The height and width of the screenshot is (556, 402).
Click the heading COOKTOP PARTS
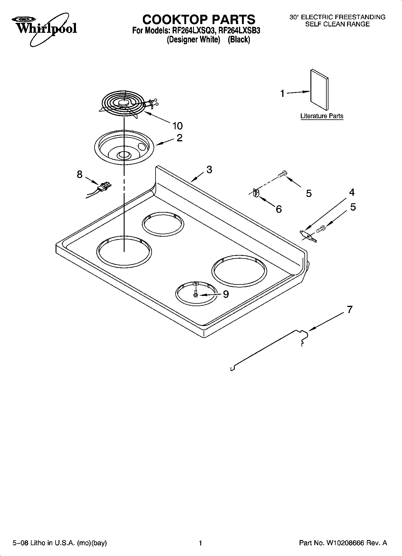[x=199, y=20]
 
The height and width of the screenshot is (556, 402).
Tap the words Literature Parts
[x=322, y=116]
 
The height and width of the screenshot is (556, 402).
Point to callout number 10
[x=177, y=126]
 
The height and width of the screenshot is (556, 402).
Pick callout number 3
[x=209, y=169]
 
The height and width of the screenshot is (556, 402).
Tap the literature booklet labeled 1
[x=319, y=90]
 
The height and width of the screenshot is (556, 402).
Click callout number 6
[x=279, y=209]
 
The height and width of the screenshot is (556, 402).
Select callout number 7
[x=349, y=309]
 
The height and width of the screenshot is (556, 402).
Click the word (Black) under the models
[x=239, y=39]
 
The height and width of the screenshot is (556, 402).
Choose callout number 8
[x=80, y=174]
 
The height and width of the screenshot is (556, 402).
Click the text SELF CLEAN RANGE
[x=337, y=24]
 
